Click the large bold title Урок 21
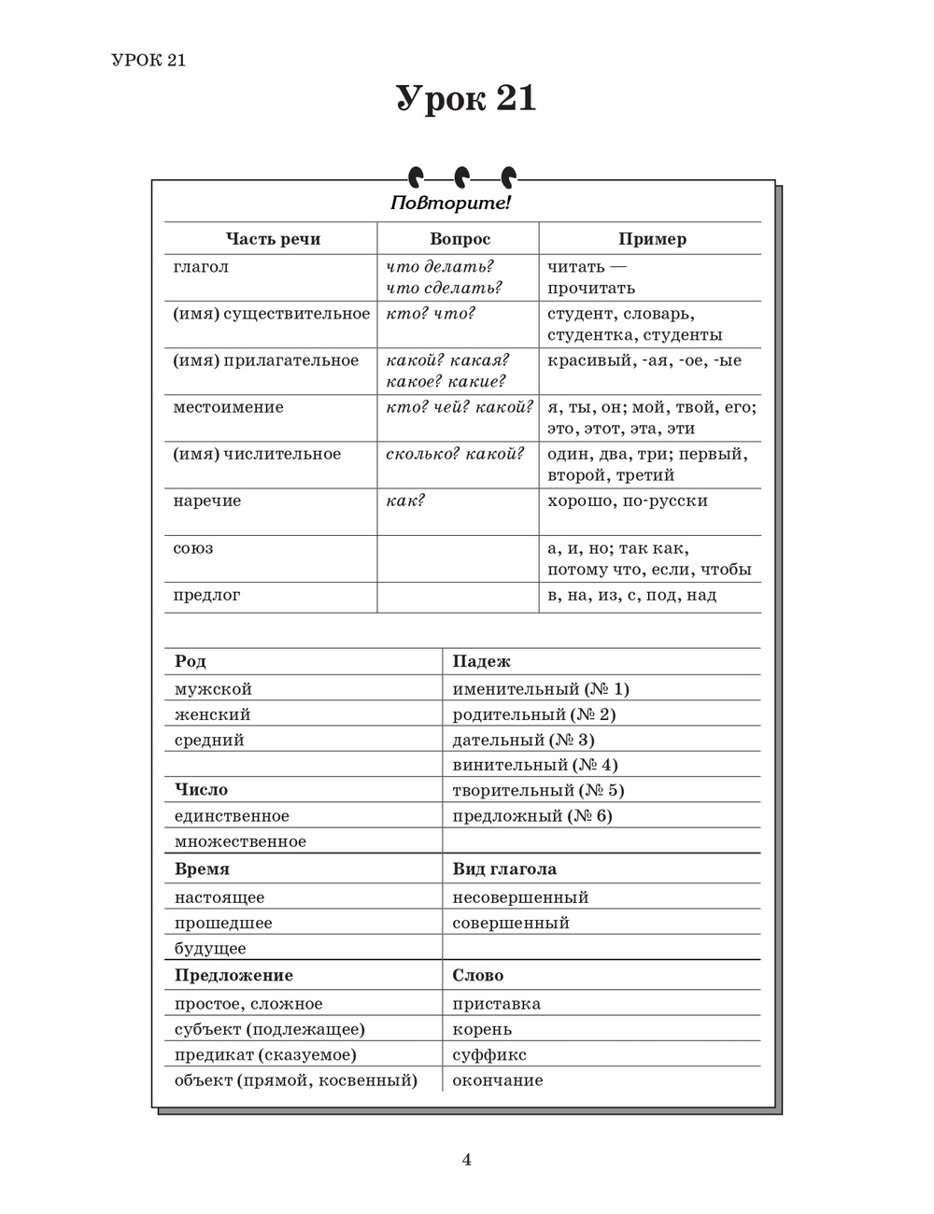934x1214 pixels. [466, 99]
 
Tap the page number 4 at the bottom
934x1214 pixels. [466, 1160]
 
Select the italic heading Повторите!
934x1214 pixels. [450, 203]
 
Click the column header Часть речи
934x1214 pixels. [273, 239]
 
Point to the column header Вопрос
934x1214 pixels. [460, 239]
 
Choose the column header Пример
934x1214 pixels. [652, 239]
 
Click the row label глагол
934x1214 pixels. [201, 267]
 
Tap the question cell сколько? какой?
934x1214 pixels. [455, 454]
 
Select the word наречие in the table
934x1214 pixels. [206, 501]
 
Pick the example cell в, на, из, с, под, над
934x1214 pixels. [631, 595]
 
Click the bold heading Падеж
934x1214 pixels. [481, 661]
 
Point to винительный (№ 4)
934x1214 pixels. [535, 765]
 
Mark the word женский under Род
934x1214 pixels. [212, 714]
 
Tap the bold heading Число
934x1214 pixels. [201, 790]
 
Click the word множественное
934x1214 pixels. [240, 841]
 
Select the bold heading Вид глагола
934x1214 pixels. [504, 868]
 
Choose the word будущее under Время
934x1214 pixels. [210, 949]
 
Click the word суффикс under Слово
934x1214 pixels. [489, 1055]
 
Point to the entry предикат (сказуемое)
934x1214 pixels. [265, 1055]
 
